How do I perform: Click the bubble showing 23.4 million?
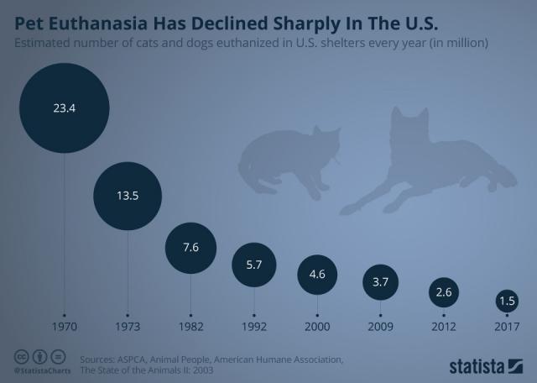pyautogui.click(x=65, y=108)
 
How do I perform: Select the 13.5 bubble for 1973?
pyautogui.click(x=128, y=196)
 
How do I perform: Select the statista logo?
pyautogui.click(x=486, y=365)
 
